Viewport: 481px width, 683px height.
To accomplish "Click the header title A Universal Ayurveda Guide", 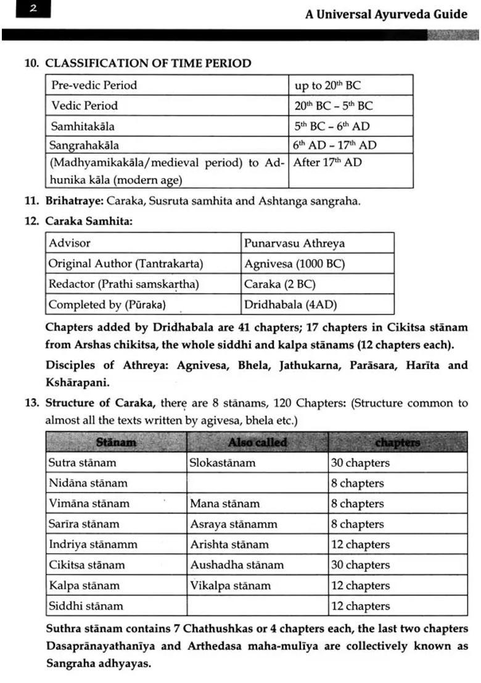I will (x=386, y=14).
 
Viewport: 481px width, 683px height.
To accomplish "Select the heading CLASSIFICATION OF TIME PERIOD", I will (x=149, y=63).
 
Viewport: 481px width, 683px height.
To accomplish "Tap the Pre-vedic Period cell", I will (x=94, y=85).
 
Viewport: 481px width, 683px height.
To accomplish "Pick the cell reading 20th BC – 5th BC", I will (x=334, y=105).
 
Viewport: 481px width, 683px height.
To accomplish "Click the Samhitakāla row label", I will (x=83, y=126).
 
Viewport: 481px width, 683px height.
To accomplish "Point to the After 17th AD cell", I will (x=327, y=163).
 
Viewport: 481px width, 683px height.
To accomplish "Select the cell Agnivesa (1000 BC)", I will (x=294, y=263).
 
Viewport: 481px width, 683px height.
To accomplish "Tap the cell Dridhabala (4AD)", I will (x=290, y=305).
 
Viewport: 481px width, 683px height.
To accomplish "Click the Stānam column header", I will (x=116, y=442).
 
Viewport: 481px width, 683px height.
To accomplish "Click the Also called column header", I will (x=257, y=442).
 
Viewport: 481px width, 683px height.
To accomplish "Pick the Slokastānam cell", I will (x=223, y=462).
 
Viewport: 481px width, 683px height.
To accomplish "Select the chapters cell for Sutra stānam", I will (x=360, y=462).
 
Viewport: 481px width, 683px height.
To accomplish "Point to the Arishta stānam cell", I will (x=229, y=544).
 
